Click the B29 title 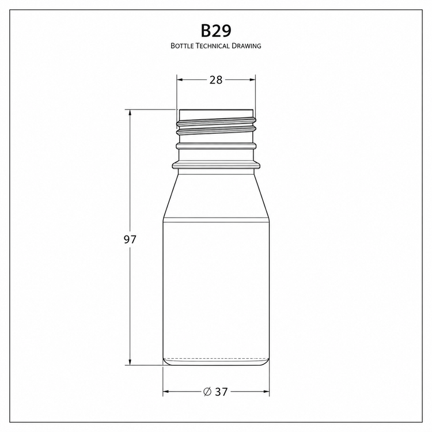216,31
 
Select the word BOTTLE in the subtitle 183,46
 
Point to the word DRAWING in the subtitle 247,46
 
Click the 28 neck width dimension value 216,80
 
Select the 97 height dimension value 130,240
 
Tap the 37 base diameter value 222,392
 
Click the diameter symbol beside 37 207,392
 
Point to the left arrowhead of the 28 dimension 180,80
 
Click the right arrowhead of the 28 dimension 252,80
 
